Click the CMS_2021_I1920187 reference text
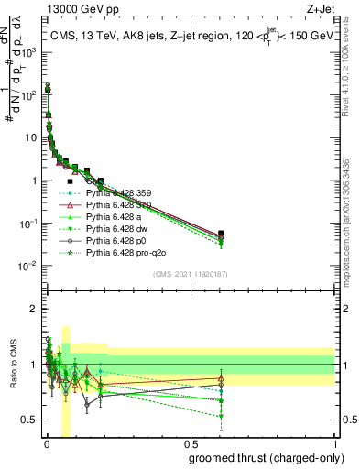(191, 275)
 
